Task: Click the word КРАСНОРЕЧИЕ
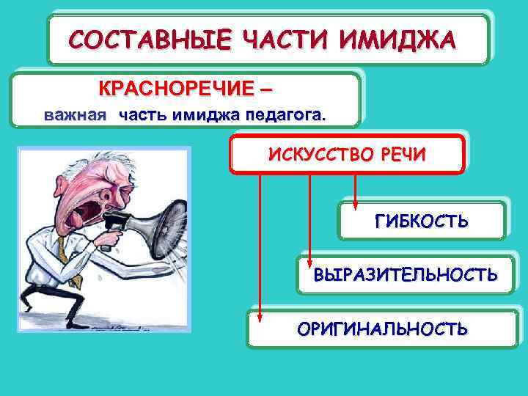coord(177,90)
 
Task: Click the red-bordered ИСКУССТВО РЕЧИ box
coord(348,155)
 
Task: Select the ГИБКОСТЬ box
coord(422,221)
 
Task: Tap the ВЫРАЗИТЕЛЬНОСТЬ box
coord(406,275)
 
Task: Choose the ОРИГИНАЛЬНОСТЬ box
coord(382,329)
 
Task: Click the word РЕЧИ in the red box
coord(400,155)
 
